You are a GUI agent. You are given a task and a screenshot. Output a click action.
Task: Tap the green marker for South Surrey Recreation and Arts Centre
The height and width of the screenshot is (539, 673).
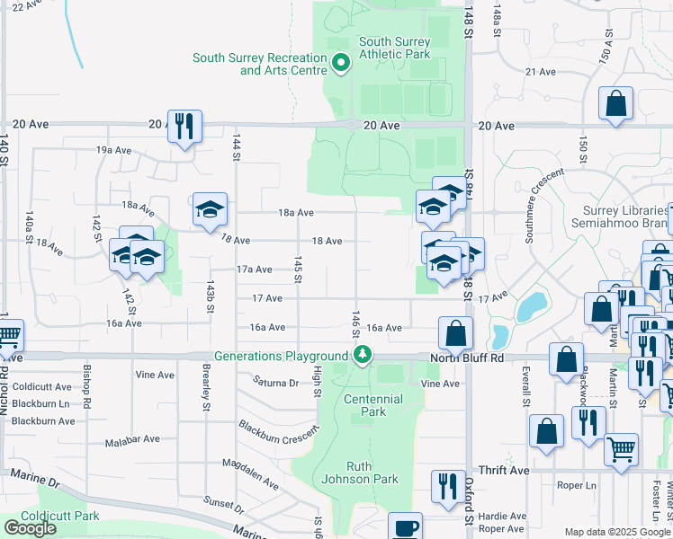(341, 64)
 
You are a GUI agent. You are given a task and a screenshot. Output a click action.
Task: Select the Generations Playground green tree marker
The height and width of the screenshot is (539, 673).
(362, 356)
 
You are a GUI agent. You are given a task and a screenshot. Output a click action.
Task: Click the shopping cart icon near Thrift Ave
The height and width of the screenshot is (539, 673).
(621, 448)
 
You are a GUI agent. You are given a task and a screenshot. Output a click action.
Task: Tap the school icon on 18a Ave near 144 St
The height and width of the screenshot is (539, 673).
(210, 210)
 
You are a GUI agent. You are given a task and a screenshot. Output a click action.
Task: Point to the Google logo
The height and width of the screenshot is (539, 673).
(30, 527)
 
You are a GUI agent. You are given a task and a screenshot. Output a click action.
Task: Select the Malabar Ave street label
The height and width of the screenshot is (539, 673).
(131, 439)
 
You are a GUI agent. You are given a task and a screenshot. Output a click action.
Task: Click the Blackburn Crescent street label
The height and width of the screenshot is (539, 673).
(280, 429)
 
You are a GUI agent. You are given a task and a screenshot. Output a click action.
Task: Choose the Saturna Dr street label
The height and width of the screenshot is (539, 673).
(275, 383)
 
